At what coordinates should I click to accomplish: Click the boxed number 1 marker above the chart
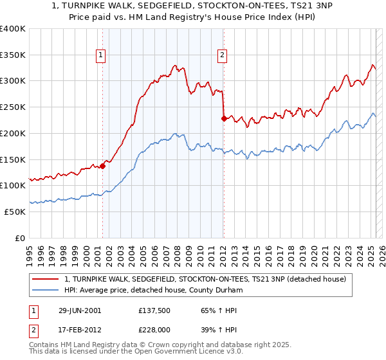click(102, 56)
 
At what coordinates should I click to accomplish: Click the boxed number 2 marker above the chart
click(222, 56)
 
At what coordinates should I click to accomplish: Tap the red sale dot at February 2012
click(223, 118)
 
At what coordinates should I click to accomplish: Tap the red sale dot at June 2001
click(102, 166)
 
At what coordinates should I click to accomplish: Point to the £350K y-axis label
click(13, 55)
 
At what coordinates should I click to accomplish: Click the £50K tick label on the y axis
click(15, 212)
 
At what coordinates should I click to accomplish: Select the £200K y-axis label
click(13, 134)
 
